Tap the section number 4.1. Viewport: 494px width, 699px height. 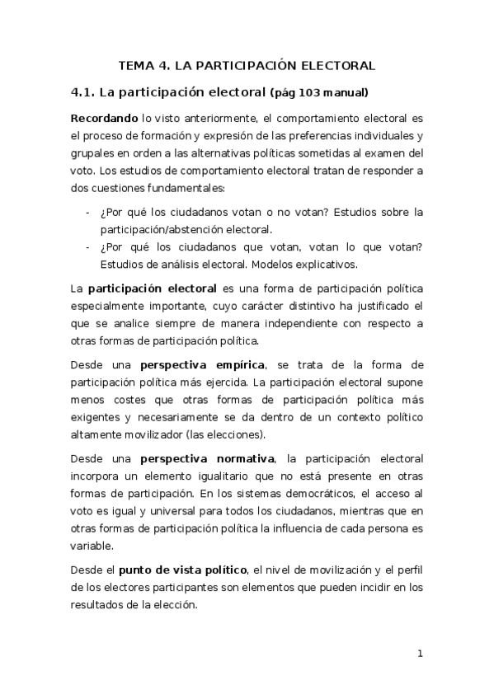tap(86, 91)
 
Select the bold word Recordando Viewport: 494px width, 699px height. tap(103, 119)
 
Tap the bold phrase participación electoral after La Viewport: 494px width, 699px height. tap(153, 289)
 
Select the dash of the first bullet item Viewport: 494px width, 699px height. tap(88, 212)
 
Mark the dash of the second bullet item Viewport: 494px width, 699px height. tap(88, 247)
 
